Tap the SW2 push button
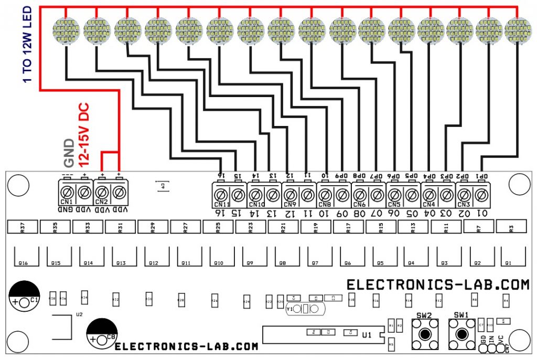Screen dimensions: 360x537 point(424,334)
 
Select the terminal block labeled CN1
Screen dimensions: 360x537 point(74,194)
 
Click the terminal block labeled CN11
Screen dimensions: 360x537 point(229,195)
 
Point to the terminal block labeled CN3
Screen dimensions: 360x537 point(472,195)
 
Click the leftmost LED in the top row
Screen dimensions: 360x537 point(67,30)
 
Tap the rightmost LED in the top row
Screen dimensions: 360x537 point(518,30)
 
